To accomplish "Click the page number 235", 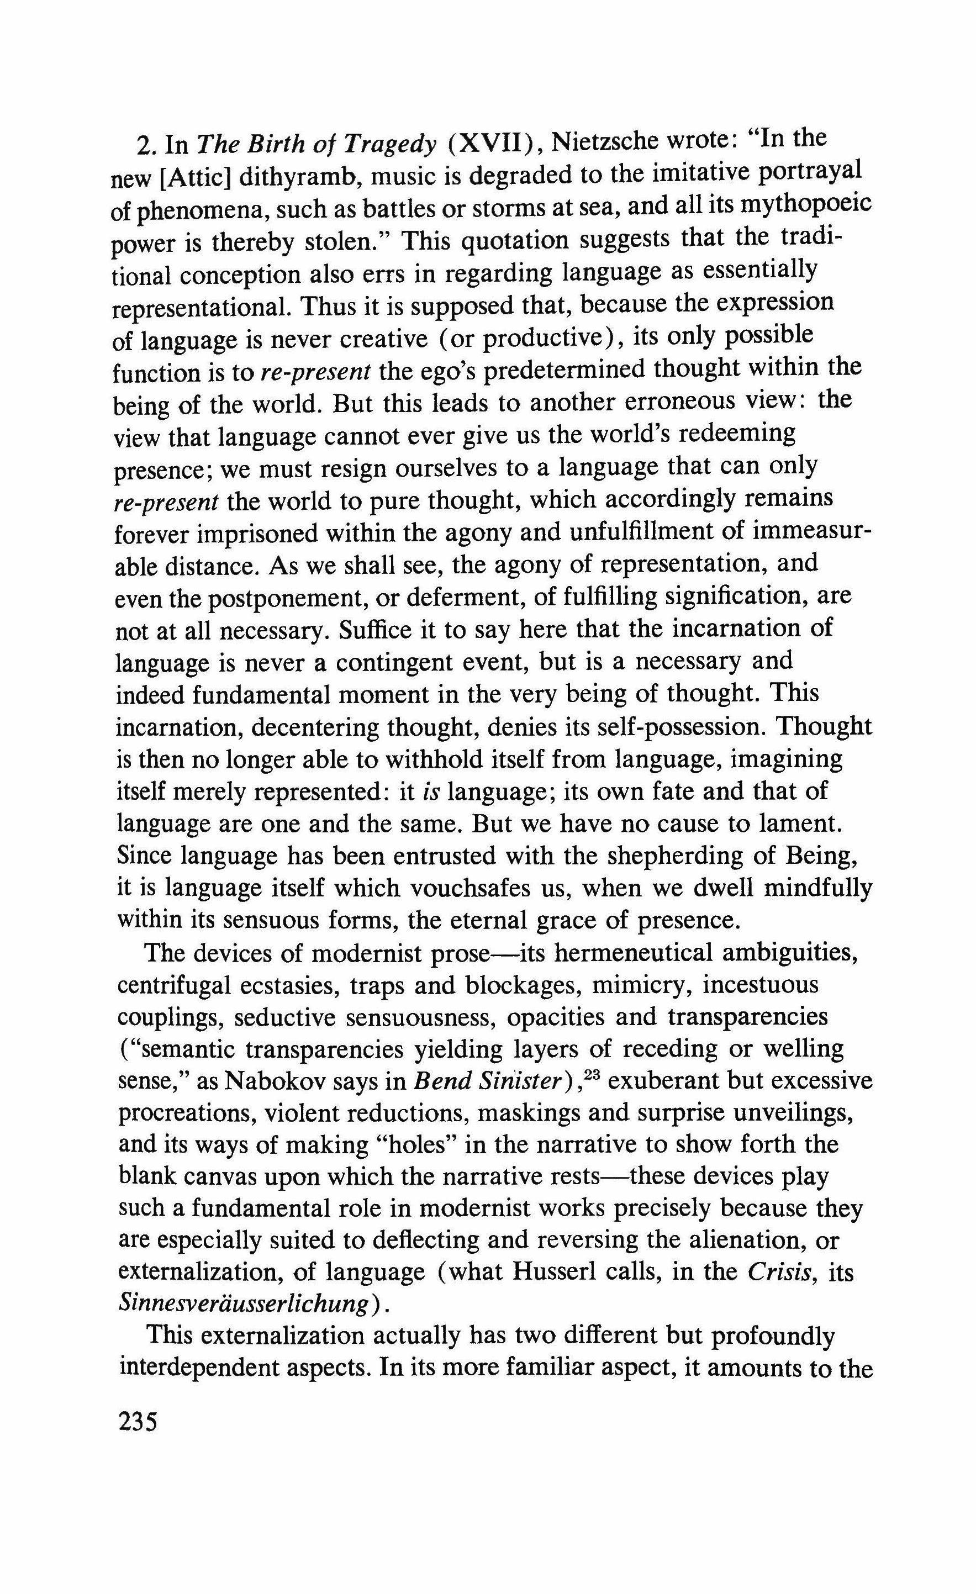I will (x=138, y=1423).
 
